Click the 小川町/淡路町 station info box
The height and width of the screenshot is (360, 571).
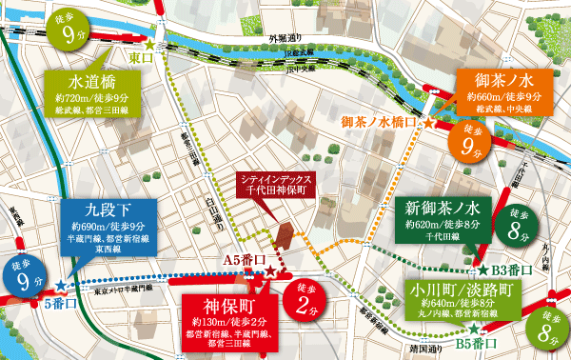point(463,299)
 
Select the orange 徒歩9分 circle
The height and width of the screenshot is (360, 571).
point(469,140)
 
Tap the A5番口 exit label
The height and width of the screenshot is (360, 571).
point(243,260)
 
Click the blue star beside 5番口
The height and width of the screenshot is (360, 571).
point(60,285)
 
